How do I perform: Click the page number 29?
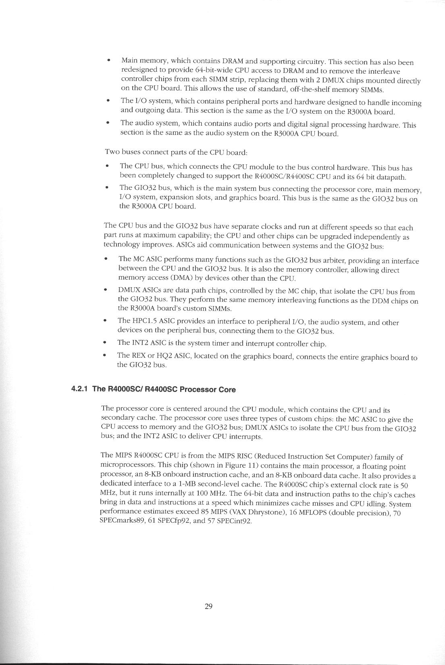(x=208, y=607)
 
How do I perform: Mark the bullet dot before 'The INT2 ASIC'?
(x=105, y=343)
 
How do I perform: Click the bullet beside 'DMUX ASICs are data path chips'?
(x=105, y=290)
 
